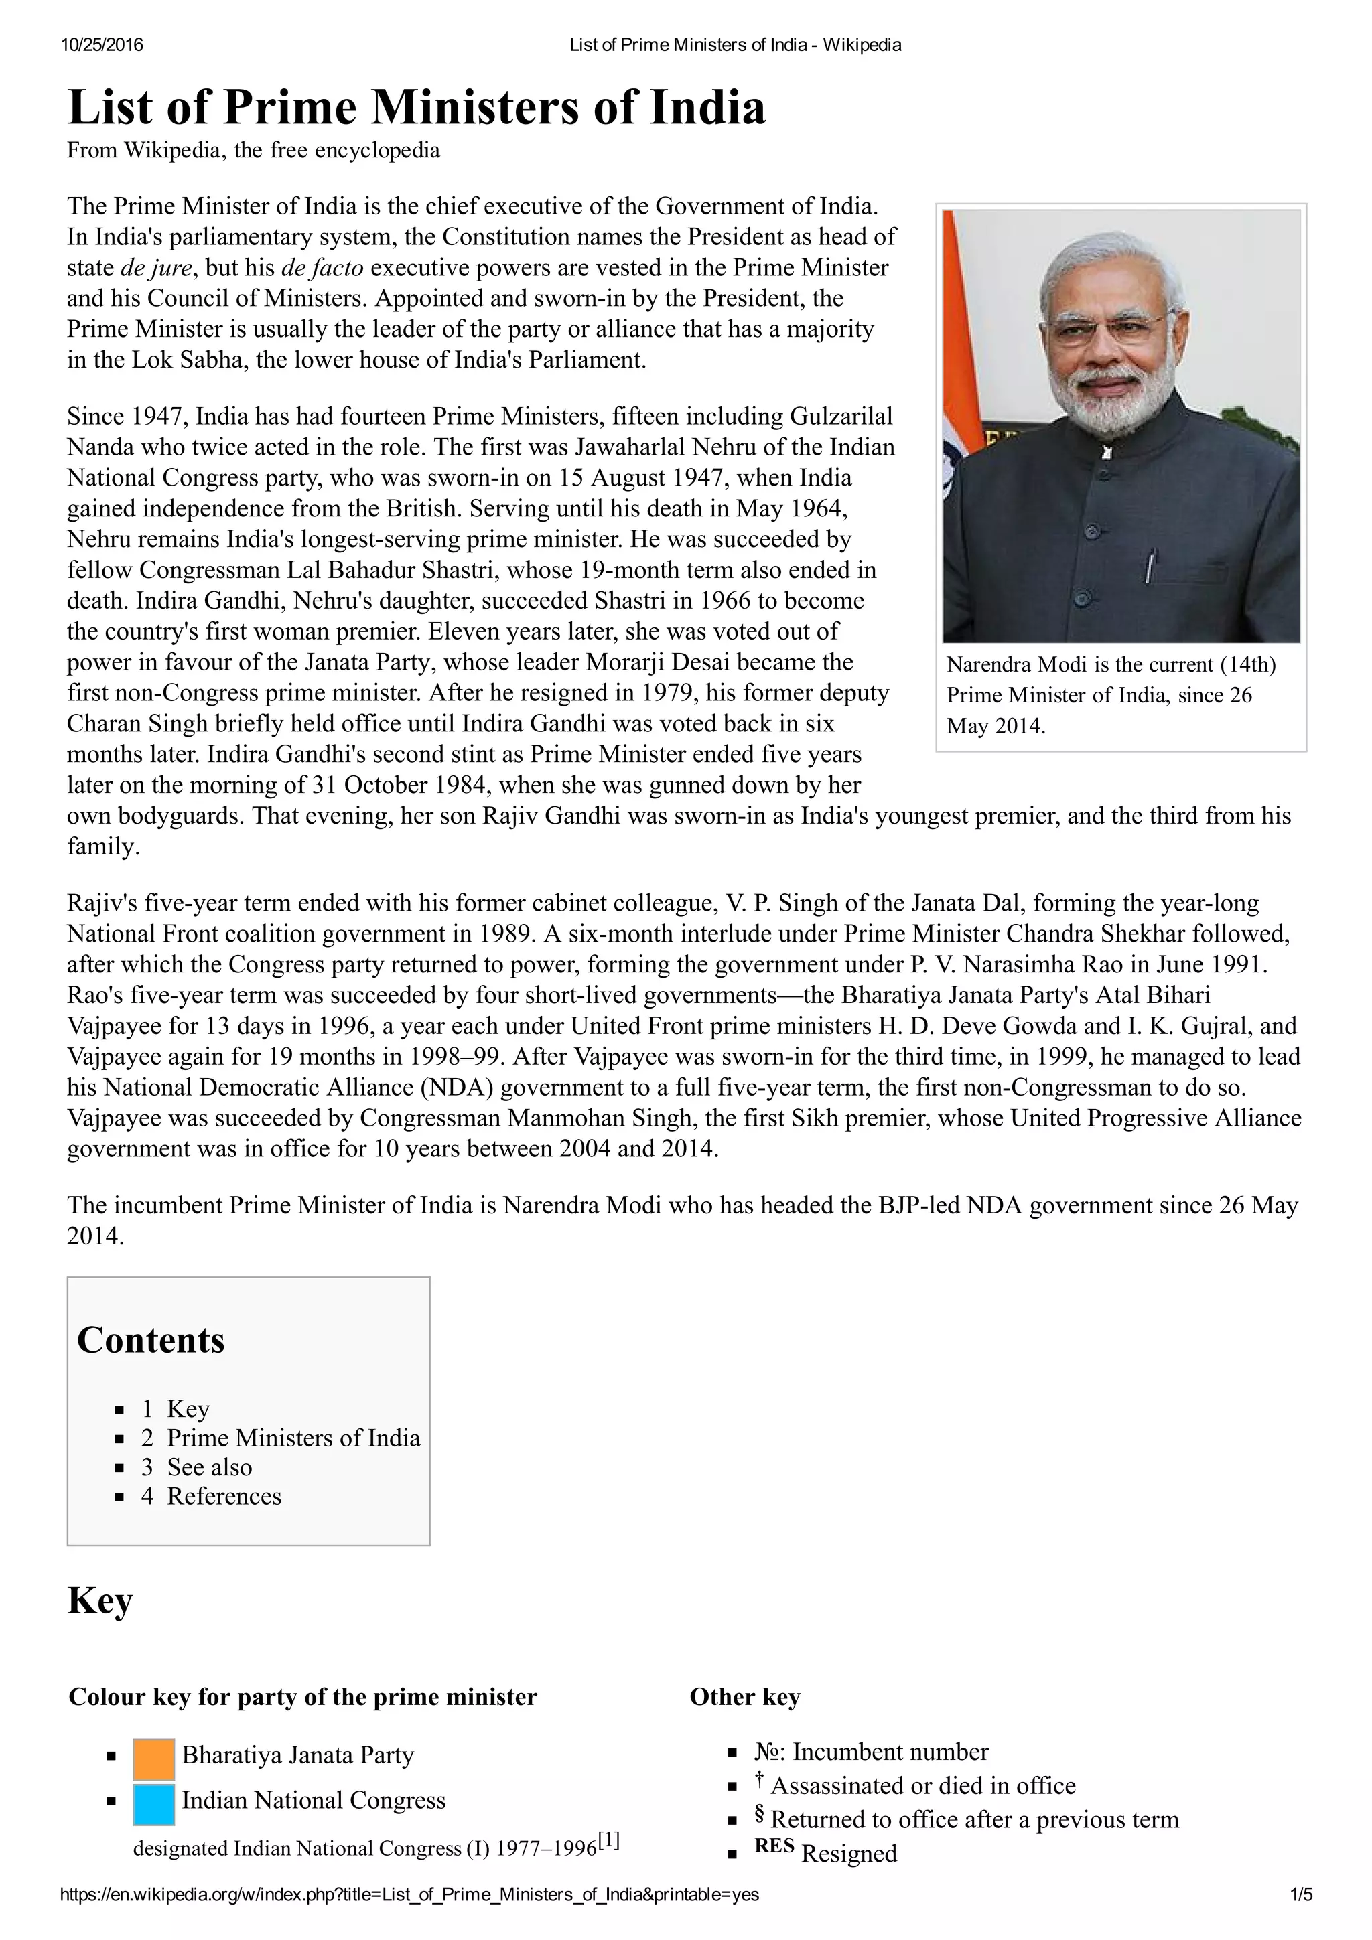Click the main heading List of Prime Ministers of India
pyautogui.click(x=416, y=108)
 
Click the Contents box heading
pyautogui.click(x=151, y=1340)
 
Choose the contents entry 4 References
pyautogui.click(x=211, y=1497)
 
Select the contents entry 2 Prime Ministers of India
pyautogui.click(x=280, y=1438)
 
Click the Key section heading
pyautogui.click(x=100, y=1600)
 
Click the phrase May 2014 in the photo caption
pyautogui.click(x=995, y=726)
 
